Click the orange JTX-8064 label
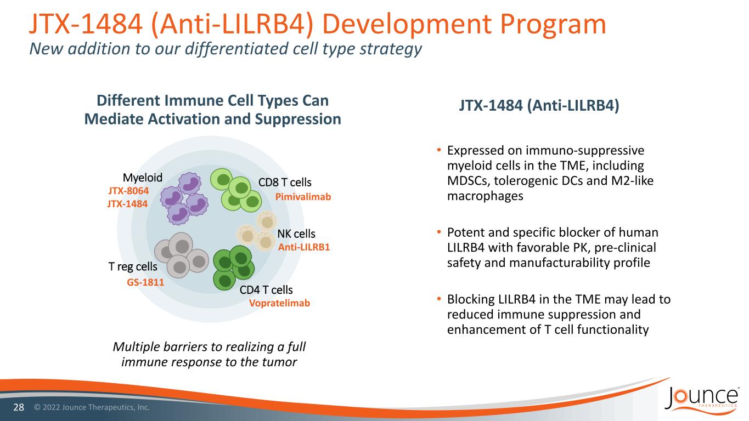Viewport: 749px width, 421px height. (x=128, y=191)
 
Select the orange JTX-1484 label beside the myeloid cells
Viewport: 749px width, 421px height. (x=127, y=204)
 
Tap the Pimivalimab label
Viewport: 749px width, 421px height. (x=303, y=197)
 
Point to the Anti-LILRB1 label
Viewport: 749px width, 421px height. (x=304, y=247)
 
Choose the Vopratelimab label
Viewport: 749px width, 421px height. (x=279, y=303)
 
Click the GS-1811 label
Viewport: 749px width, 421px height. (x=145, y=282)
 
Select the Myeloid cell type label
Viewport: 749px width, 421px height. (x=143, y=178)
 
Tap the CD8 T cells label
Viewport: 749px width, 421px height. (x=285, y=183)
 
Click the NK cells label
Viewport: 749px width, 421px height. (x=296, y=234)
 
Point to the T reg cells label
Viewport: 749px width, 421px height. (x=133, y=266)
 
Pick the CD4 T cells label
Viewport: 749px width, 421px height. (x=266, y=289)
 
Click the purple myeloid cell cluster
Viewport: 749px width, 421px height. (x=184, y=198)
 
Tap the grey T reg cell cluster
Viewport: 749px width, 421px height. (x=181, y=255)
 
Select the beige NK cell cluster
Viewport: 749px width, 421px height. (x=257, y=231)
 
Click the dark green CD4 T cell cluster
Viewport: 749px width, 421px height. (x=234, y=268)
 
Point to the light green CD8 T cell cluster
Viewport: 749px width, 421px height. (x=236, y=190)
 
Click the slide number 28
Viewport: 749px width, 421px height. (x=19, y=407)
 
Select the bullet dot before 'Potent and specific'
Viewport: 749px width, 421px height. (x=439, y=231)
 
